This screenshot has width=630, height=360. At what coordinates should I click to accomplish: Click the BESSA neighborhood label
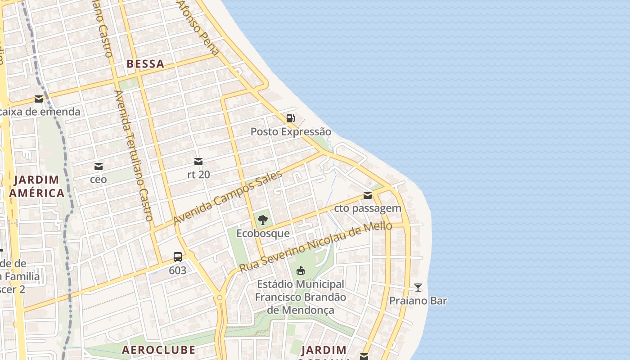tap(145, 64)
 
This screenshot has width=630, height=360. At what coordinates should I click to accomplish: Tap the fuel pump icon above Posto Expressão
tap(291, 118)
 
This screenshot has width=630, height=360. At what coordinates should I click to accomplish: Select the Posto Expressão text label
tap(291, 132)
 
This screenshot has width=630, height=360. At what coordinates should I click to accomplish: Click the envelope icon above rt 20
tap(198, 162)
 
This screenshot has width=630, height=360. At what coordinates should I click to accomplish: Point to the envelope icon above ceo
tap(99, 166)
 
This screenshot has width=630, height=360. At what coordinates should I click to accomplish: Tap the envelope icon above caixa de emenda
tap(39, 99)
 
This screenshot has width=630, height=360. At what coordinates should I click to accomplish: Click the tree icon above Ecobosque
tap(263, 220)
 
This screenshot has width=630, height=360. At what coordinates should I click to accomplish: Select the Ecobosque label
tap(263, 234)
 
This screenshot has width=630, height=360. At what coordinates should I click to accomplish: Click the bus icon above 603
tap(178, 257)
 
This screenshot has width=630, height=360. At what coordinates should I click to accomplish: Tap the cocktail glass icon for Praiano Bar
tap(418, 287)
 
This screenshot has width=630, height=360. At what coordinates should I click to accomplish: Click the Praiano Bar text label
tap(418, 301)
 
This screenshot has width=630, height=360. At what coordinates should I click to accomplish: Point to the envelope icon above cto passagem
tap(368, 195)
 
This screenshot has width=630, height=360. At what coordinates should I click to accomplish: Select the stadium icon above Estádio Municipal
tap(301, 270)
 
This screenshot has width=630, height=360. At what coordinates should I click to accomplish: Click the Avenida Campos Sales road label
tap(227, 198)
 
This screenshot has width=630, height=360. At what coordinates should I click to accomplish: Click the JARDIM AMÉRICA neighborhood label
tap(36, 186)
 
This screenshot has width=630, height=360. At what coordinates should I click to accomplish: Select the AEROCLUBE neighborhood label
tap(158, 350)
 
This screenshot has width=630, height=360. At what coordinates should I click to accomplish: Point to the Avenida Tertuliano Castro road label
tap(134, 155)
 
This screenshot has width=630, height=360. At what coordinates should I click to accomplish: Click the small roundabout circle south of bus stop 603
tap(220, 297)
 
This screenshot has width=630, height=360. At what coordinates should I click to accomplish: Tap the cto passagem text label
tap(368, 208)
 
